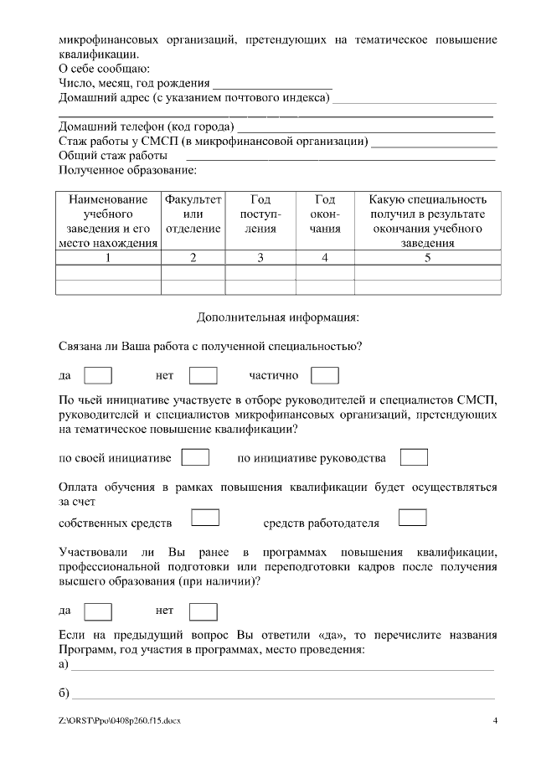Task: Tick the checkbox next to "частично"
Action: (324, 376)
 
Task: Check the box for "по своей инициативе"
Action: (195, 457)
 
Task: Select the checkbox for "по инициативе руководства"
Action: (414, 457)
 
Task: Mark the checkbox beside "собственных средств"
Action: (205, 518)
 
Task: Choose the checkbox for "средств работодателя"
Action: (413, 518)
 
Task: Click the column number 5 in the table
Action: (428, 258)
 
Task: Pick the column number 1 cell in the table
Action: (108, 258)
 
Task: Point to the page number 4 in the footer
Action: (495, 720)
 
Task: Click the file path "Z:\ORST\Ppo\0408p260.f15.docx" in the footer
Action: (120, 720)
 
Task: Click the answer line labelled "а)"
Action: (282, 668)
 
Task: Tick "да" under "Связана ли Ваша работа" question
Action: (99, 376)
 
